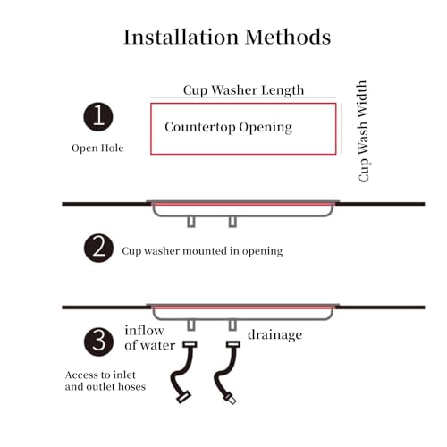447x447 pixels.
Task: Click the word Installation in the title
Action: (181, 38)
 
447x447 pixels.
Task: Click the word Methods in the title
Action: (288, 38)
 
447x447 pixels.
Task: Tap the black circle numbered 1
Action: (98, 116)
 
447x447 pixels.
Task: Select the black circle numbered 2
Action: (98, 248)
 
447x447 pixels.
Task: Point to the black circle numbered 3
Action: (98, 342)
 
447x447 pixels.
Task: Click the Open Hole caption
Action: (97, 148)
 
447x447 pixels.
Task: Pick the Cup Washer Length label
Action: (243, 90)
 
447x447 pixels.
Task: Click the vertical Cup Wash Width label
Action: (363, 131)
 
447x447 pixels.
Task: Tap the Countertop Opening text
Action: (228, 127)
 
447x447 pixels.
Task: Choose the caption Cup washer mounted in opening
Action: (202, 251)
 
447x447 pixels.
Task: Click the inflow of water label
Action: (149, 338)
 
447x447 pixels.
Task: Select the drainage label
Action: (274, 335)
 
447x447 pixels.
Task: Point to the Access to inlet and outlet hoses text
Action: (105, 381)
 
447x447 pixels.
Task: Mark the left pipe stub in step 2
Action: (191, 222)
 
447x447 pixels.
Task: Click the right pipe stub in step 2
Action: (232, 222)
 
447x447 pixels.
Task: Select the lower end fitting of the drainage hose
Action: (230, 399)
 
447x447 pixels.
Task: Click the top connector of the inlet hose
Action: (190, 344)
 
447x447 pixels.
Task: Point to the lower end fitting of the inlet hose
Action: (183, 397)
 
